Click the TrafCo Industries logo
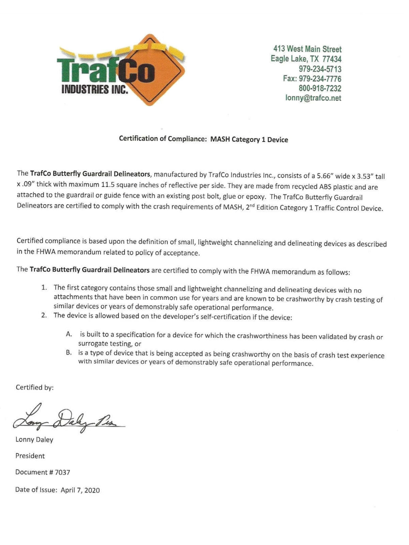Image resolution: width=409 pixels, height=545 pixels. [x=121, y=70]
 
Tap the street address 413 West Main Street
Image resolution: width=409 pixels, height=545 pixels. [x=307, y=49]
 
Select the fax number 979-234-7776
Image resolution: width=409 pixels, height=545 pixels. [x=320, y=79]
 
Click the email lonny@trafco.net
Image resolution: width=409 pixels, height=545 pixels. [x=313, y=98]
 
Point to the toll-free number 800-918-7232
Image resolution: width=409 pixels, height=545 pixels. [x=320, y=88]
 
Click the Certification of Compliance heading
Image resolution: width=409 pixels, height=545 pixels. [x=203, y=139]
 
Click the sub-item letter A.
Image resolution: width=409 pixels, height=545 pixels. [x=69, y=334]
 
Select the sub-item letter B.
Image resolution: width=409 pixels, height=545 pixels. [x=69, y=352]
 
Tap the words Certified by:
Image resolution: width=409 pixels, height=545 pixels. [x=34, y=387]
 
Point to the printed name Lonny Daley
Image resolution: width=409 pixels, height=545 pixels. [x=34, y=440]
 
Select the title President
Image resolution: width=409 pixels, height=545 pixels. [x=30, y=456]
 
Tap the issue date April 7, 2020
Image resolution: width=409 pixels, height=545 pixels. [x=80, y=490]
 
